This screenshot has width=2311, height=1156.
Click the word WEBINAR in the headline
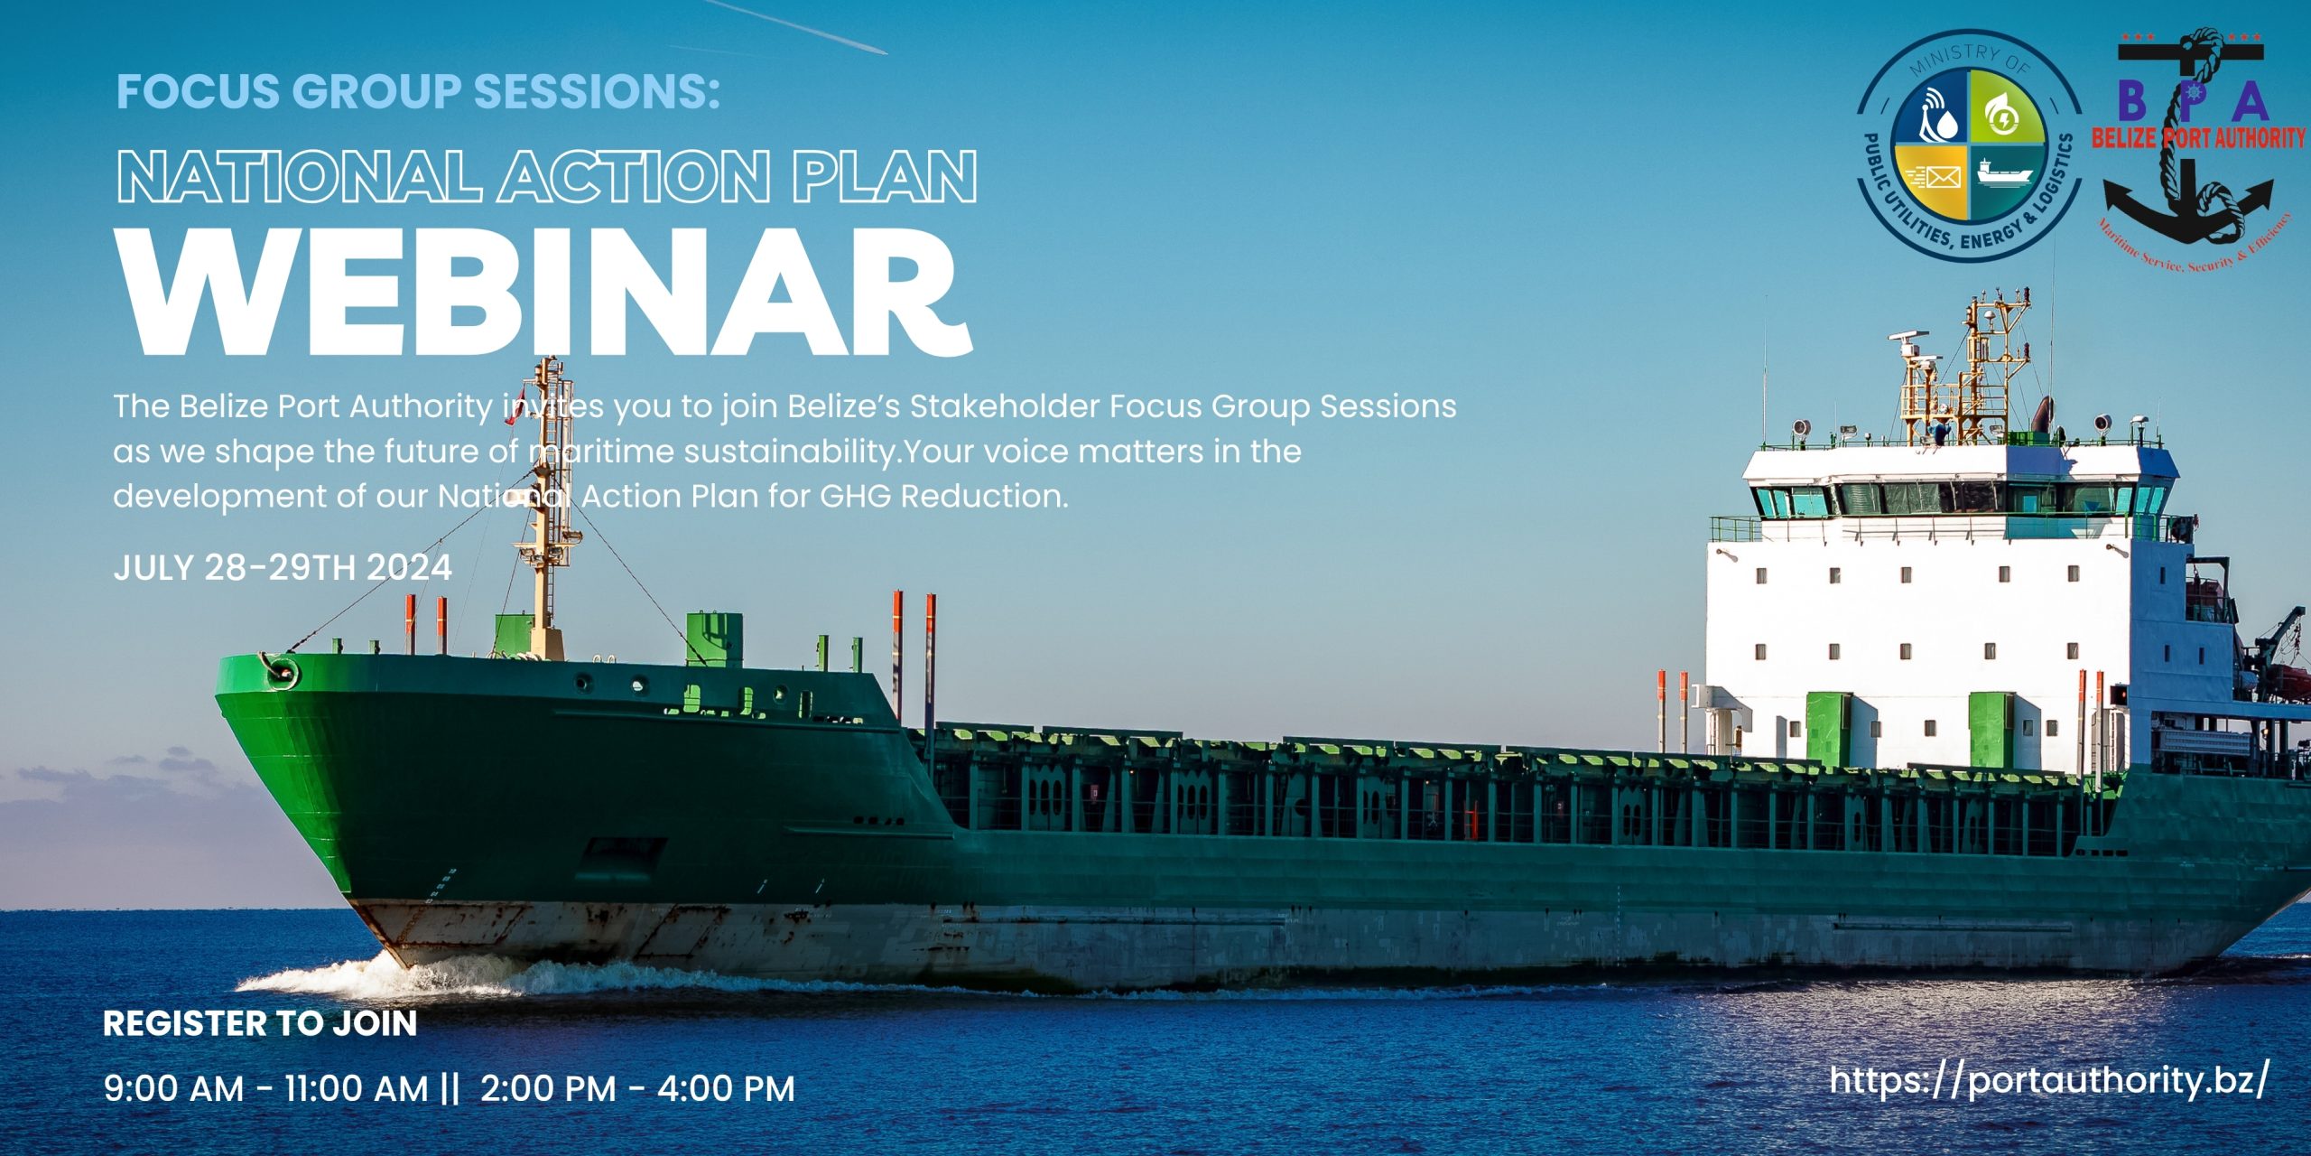click(x=546, y=292)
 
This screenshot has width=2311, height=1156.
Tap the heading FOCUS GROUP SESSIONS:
click(x=419, y=92)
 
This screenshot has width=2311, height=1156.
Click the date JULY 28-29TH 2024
click(x=283, y=567)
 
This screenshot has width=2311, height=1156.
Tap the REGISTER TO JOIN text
click(x=260, y=1023)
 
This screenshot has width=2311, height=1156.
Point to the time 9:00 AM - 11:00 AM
click(x=266, y=1088)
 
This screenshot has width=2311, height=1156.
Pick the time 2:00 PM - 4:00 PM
click(x=637, y=1088)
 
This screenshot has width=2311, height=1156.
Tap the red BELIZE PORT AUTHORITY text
click(x=2199, y=138)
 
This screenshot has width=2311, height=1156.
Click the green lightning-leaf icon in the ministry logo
click(x=2006, y=113)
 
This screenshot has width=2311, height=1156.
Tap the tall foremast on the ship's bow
click(x=546, y=506)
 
